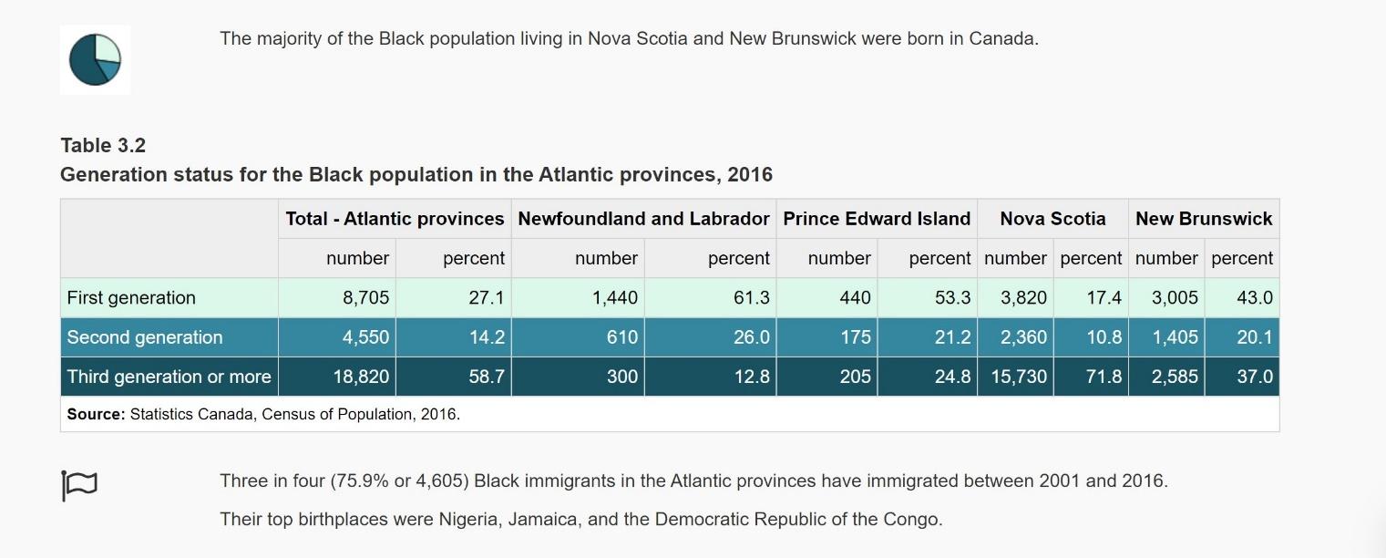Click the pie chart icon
coord(95,59)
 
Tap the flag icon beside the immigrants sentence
coord(79,485)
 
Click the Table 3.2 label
coord(103,145)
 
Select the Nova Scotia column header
coord(1052,219)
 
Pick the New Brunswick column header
coord(1204,219)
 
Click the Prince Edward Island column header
coord(877,219)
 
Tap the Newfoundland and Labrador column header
coord(643,219)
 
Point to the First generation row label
coord(131,298)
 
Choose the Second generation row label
coord(145,337)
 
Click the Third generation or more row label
coord(169,377)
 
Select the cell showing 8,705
coord(365,298)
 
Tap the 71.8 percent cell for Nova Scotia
coord(1104,377)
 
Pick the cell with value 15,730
coord(1019,377)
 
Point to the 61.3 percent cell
coord(751,298)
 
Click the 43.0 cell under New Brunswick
coord(1254,298)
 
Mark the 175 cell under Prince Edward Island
coord(855,337)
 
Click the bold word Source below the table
coord(96,414)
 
